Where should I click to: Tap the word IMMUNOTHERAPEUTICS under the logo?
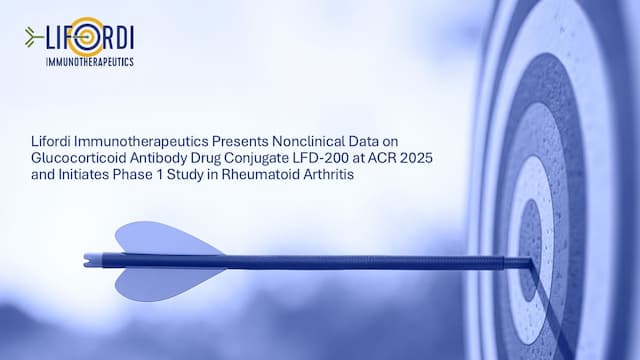tap(90, 62)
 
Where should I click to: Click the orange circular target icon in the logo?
tap(86, 38)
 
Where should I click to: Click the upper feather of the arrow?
tap(160, 239)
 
